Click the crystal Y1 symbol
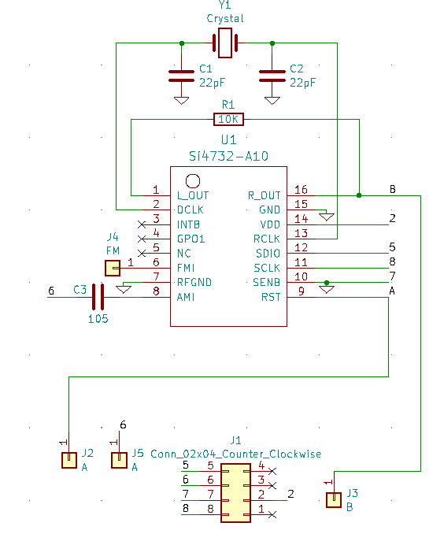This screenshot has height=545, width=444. pos(225,43)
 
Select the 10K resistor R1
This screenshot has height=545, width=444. pos(228,119)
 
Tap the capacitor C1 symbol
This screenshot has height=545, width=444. pos(181,76)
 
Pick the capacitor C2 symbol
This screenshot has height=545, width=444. pos(272,76)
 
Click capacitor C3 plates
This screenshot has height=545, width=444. pos(98,297)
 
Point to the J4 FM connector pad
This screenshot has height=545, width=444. pos(113,268)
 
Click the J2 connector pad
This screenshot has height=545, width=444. pos(69,460)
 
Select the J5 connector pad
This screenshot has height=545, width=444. pos(119,460)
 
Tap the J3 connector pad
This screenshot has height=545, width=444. pos(334,500)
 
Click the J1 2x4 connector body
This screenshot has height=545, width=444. pos(235,493)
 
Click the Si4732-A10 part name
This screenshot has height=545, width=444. pos(228,156)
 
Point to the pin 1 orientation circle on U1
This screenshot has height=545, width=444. pos(193,181)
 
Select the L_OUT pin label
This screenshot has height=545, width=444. pos(193,195)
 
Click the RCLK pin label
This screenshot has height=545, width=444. pos(266,239)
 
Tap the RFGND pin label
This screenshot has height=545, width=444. pos(194,282)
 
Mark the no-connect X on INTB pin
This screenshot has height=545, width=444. pos(142,224)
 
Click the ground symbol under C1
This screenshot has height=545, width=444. pos(181,101)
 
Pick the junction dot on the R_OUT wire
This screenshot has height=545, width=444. pos(359,195)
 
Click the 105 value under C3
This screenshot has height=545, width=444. pos(98,319)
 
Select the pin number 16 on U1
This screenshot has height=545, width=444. pos(301,190)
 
